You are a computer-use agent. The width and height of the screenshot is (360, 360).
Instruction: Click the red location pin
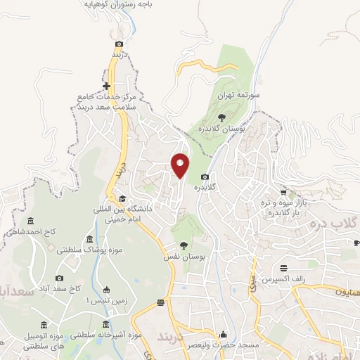[x=181, y=166]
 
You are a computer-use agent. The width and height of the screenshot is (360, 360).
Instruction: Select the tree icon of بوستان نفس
[x=184, y=245]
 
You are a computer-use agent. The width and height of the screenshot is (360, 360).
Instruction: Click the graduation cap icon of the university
[x=122, y=198]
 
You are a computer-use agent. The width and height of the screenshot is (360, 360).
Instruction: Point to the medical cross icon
[x=106, y=86]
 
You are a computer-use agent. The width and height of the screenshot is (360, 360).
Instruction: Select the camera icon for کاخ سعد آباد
[x=58, y=278]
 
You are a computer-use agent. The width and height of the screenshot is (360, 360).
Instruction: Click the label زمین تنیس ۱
[x=97, y=300]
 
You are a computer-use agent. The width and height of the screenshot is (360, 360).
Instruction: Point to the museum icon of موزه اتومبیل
[x=44, y=324]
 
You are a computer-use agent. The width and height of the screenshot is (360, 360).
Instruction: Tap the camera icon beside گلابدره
[x=205, y=177]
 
